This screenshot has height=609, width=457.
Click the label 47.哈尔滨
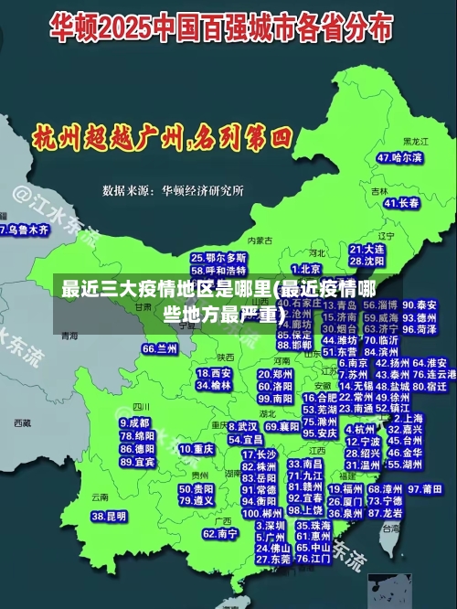399,157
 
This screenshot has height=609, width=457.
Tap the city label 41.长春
402,202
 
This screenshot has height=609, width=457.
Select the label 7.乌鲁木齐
24,230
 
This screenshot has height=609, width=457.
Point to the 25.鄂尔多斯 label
218,259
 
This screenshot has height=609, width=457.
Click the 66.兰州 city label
160,348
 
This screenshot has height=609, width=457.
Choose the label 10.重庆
197,449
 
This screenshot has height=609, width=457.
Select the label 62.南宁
220,533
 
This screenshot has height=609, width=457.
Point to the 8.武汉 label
241,426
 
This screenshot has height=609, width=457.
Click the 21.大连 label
367,249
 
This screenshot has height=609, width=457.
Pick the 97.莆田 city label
425,489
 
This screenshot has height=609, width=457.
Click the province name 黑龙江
415,142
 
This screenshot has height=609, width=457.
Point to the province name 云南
99,497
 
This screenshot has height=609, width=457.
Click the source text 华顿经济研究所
203,191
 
